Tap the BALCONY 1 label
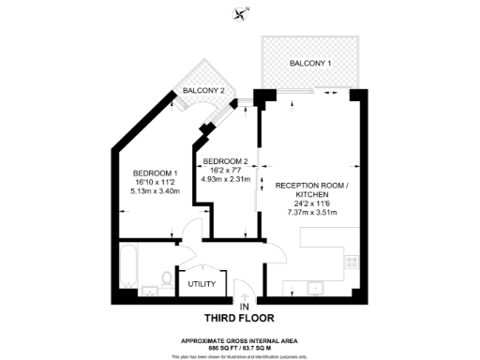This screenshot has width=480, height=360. point(309,63)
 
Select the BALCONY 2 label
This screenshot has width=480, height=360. point(203,90)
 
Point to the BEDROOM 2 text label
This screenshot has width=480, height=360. point(225,160)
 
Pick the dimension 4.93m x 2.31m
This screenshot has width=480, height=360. point(225,178)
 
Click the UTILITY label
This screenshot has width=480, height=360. point(202,284)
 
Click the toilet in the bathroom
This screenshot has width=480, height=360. point(167,277)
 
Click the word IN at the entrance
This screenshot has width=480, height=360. point(244,307)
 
